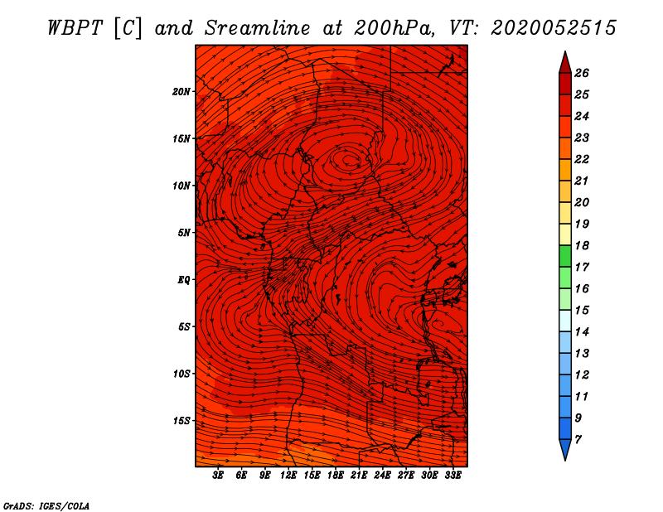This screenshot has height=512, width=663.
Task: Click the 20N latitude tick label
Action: click(x=181, y=92)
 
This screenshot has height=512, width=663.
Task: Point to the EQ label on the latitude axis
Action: click(x=184, y=280)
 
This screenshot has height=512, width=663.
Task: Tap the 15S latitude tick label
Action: click(x=181, y=421)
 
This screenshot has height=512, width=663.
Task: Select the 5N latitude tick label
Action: click(x=184, y=233)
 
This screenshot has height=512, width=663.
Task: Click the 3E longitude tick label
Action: click(x=218, y=476)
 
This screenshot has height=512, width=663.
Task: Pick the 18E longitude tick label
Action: click(x=336, y=476)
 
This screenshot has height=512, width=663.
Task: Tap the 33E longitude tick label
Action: click(x=452, y=476)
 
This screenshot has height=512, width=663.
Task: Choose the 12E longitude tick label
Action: click(x=288, y=476)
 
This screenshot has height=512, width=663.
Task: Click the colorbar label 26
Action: click(x=582, y=73)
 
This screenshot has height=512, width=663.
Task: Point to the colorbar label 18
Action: click(x=582, y=245)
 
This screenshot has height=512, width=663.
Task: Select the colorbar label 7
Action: click(x=578, y=440)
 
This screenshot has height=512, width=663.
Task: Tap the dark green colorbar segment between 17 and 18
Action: click(x=565, y=256)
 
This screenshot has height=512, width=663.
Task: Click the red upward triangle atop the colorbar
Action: click(x=565, y=65)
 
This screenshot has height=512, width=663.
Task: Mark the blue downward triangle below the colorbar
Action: click(x=565, y=448)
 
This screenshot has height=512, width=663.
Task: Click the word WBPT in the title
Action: click(x=75, y=28)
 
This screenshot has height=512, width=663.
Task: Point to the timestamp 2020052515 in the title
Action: click(x=554, y=28)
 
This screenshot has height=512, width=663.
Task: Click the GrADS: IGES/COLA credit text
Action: click(x=46, y=506)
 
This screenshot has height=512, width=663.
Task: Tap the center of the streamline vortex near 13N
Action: click(x=350, y=159)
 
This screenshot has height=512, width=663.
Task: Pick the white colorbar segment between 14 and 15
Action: click(x=565, y=321)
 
